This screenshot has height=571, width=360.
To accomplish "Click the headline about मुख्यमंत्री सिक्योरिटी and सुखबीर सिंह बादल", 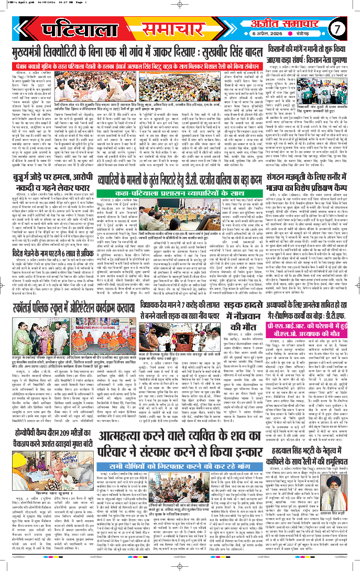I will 135,51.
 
